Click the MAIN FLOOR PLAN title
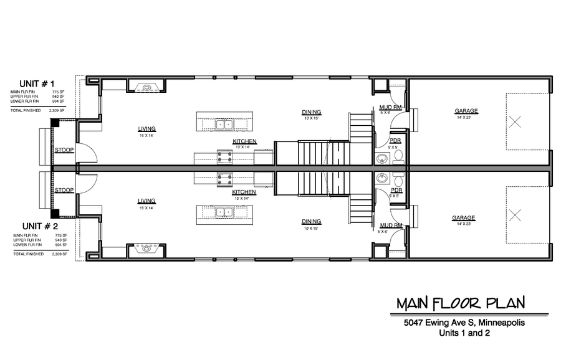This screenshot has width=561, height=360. pos(461,303)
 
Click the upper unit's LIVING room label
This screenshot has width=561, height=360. pos(147,129)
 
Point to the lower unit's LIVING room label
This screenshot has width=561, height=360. pos(147,201)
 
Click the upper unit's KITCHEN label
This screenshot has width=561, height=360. pos(244,141)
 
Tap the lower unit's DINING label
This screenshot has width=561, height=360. pos(311,221)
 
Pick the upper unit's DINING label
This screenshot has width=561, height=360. pos(311,111)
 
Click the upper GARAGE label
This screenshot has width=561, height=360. pos(466,111)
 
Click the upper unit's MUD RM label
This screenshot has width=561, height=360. pos(386,107)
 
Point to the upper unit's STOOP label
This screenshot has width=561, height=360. pos(64,150)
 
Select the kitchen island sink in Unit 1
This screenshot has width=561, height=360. pos(224,124)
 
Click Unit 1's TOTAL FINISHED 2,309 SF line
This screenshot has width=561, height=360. pos(38,110)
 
